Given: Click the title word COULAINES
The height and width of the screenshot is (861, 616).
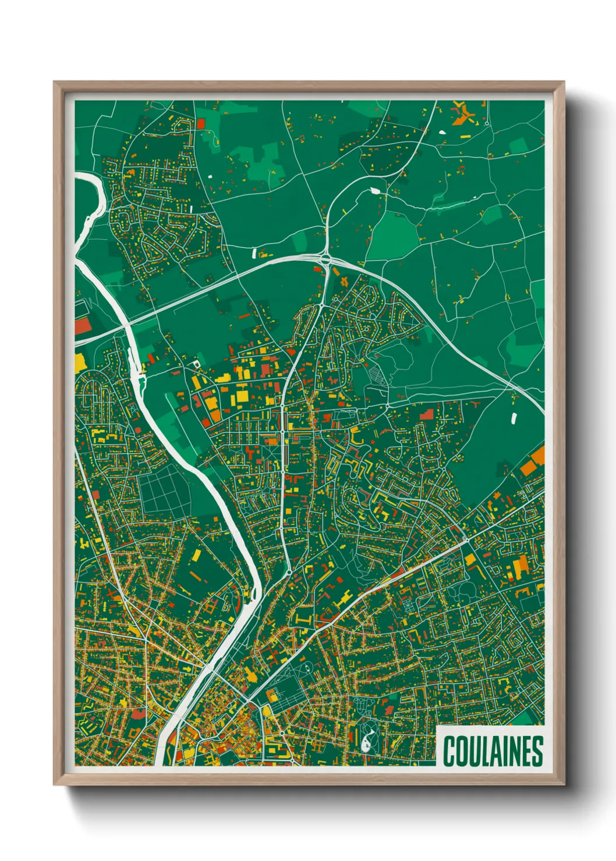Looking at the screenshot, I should [x=493, y=751].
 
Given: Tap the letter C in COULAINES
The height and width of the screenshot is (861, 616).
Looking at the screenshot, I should [x=449, y=751].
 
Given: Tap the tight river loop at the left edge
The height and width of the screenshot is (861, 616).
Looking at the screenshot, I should [x=96, y=198].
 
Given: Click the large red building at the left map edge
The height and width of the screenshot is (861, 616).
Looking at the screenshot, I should [x=82, y=326].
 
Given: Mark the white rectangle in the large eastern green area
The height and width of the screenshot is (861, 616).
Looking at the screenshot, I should [x=514, y=418].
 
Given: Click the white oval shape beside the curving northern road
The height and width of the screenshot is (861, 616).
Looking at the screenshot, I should [x=374, y=190].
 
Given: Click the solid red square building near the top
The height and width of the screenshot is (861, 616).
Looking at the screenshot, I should [x=201, y=123].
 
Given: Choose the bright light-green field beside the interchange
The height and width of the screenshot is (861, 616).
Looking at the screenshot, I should [x=392, y=239].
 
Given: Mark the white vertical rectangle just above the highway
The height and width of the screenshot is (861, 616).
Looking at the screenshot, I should [x=254, y=252].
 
